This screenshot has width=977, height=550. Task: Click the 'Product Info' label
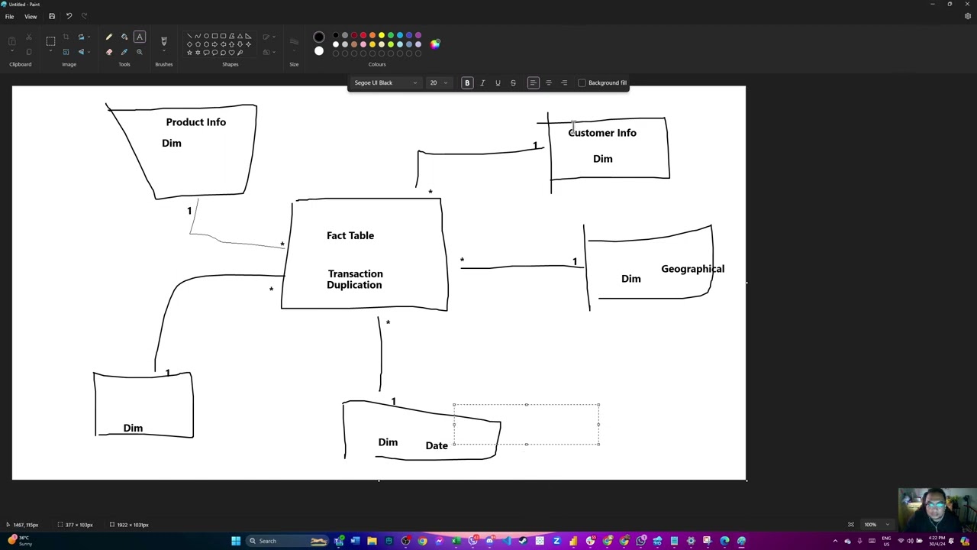tap(195, 122)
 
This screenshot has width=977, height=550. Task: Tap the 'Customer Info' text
tap(602, 133)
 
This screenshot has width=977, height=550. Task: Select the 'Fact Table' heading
tap(350, 235)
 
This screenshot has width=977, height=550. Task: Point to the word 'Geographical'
tap(692, 269)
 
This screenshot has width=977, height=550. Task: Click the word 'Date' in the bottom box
tap(437, 445)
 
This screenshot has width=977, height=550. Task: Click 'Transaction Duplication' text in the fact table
tap(355, 279)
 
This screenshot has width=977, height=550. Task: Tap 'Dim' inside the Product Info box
tap(172, 143)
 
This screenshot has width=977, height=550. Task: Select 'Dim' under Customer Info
tap(603, 159)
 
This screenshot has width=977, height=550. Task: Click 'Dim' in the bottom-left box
tap(133, 428)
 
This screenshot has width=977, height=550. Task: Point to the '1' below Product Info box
tap(189, 211)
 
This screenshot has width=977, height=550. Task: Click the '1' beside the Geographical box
tap(575, 262)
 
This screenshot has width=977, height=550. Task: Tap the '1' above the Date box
tap(393, 402)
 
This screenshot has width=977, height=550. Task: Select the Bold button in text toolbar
tap(467, 82)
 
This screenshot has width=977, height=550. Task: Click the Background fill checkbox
tap(582, 82)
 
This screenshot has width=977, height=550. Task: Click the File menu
tap(9, 16)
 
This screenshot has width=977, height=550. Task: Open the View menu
tap(31, 16)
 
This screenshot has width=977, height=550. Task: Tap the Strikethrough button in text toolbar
tap(513, 82)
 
